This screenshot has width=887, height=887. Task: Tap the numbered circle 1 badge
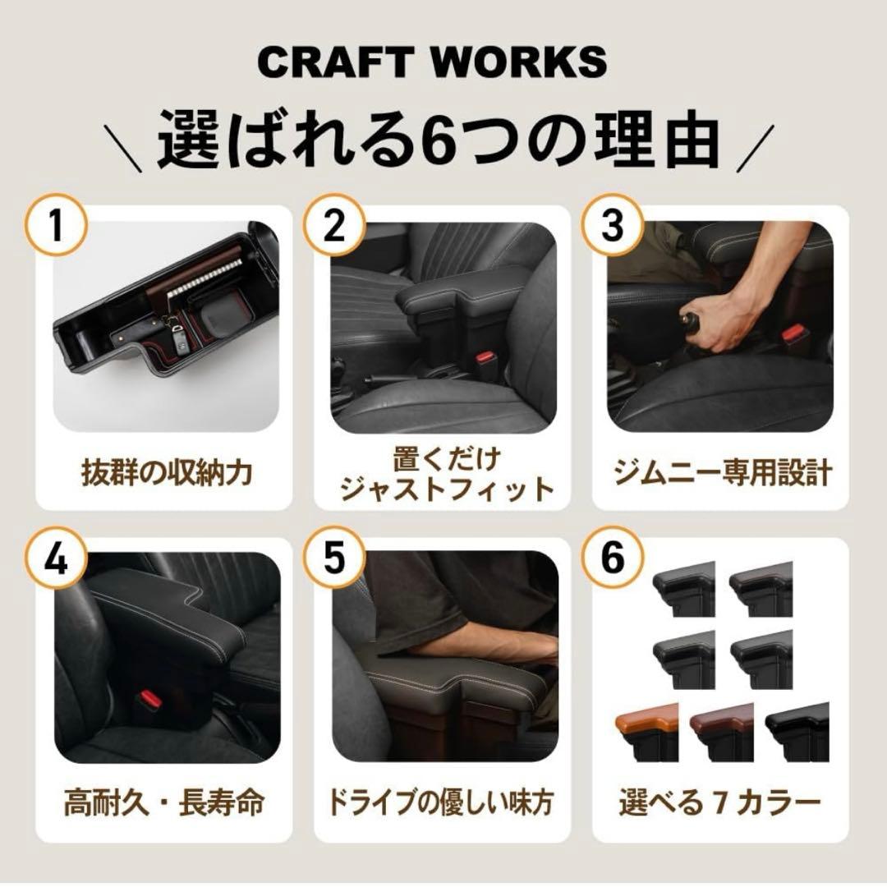pyautogui.click(x=56, y=225)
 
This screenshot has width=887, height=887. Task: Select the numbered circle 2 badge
pyautogui.click(x=334, y=225)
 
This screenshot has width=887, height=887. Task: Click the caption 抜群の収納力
pyautogui.click(x=166, y=473)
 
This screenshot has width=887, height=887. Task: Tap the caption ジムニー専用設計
pyautogui.click(x=723, y=473)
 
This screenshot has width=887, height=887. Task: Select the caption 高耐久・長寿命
pyautogui.click(x=166, y=802)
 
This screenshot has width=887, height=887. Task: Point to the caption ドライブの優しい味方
pyautogui.click(x=444, y=802)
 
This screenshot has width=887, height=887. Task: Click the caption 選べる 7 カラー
pyautogui.click(x=719, y=802)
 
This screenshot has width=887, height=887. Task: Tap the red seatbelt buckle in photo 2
pyautogui.click(x=485, y=361)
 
